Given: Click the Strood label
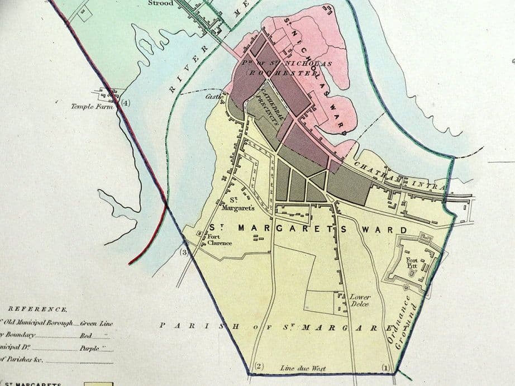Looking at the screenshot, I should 161,3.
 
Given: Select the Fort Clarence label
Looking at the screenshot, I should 219,240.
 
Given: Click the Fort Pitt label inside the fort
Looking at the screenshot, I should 412,264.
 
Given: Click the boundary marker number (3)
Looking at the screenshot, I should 185,252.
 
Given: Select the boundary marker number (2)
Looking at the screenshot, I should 258,366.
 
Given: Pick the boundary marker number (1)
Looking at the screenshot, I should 384,367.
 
